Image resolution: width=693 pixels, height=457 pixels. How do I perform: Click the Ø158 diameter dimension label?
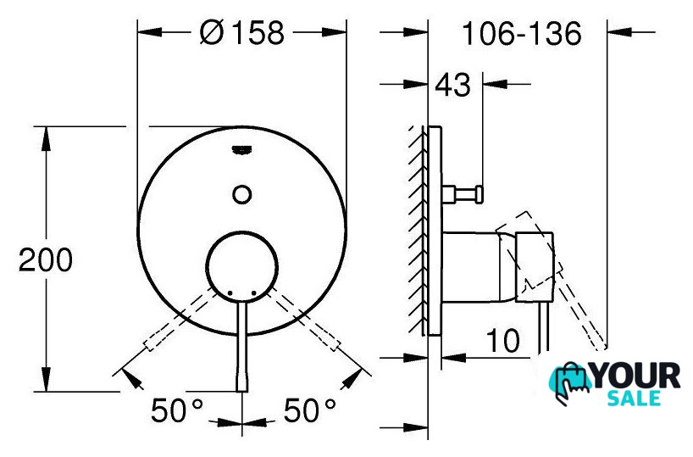pyautogui.click(x=241, y=33)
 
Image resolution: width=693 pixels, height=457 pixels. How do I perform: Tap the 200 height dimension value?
pyautogui.click(x=46, y=259)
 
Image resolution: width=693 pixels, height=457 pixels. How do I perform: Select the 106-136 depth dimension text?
pyautogui.click(x=522, y=34)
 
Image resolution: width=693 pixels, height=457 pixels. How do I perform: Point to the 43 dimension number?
pyautogui.click(x=453, y=85)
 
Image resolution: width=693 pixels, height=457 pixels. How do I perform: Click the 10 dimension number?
pyautogui.click(x=503, y=340)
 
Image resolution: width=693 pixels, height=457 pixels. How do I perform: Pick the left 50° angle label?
pyautogui.click(x=177, y=410)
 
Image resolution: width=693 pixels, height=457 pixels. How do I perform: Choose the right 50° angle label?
pyautogui.click(x=309, y=410)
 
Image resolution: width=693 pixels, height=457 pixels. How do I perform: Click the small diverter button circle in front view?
pyautogui.click(x=242, y=194)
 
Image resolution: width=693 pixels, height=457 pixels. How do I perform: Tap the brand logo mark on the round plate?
pyautogui.click(x=241, y=150)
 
